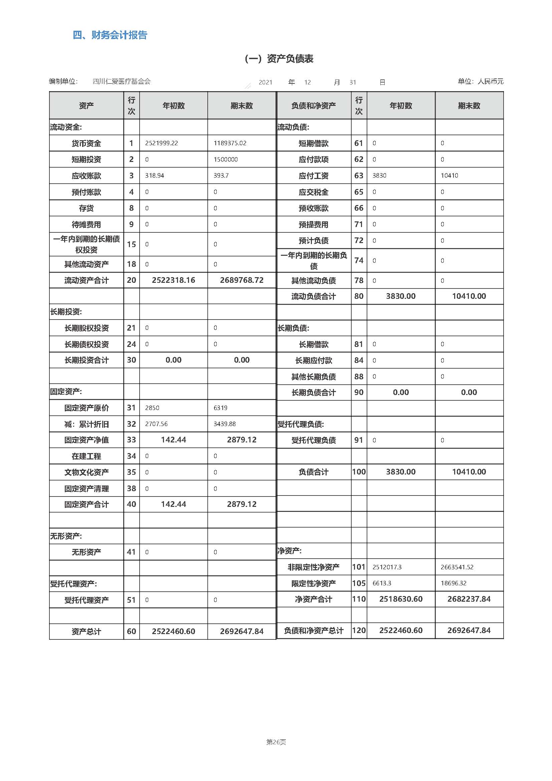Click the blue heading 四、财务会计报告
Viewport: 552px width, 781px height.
tap(110, 35)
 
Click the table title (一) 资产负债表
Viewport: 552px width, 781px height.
tap(279, 59)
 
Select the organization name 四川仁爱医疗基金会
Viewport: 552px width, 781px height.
tap(122, 81)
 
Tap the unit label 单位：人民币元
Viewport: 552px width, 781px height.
tap(480, 81)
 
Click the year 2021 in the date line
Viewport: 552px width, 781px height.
tap(265, 82)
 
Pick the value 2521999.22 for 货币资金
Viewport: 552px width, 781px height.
tap(162, 143)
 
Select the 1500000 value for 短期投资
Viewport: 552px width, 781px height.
tap(225, 160)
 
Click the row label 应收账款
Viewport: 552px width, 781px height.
tap(86, 176)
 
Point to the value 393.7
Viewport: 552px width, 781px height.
tap(221, 176)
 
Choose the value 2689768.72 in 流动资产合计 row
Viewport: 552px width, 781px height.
tap(241, 280)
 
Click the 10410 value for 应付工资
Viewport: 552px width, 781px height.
tap(449, 176)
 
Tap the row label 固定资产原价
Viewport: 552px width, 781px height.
tap(86, 408)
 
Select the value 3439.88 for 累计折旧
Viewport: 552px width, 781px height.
tap(224, 424)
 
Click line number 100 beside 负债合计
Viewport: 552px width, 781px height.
tap(359, 472)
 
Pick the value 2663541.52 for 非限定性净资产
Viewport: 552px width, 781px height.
tap(457, 567)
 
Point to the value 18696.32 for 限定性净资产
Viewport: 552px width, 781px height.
tap(453, 583)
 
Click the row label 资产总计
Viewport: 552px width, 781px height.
tap(86, 632)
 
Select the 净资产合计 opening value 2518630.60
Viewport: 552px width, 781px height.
tap(401, 599)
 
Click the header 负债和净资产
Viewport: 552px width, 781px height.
tap(313, 106)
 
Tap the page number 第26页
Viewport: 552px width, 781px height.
tap(276, 742)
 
